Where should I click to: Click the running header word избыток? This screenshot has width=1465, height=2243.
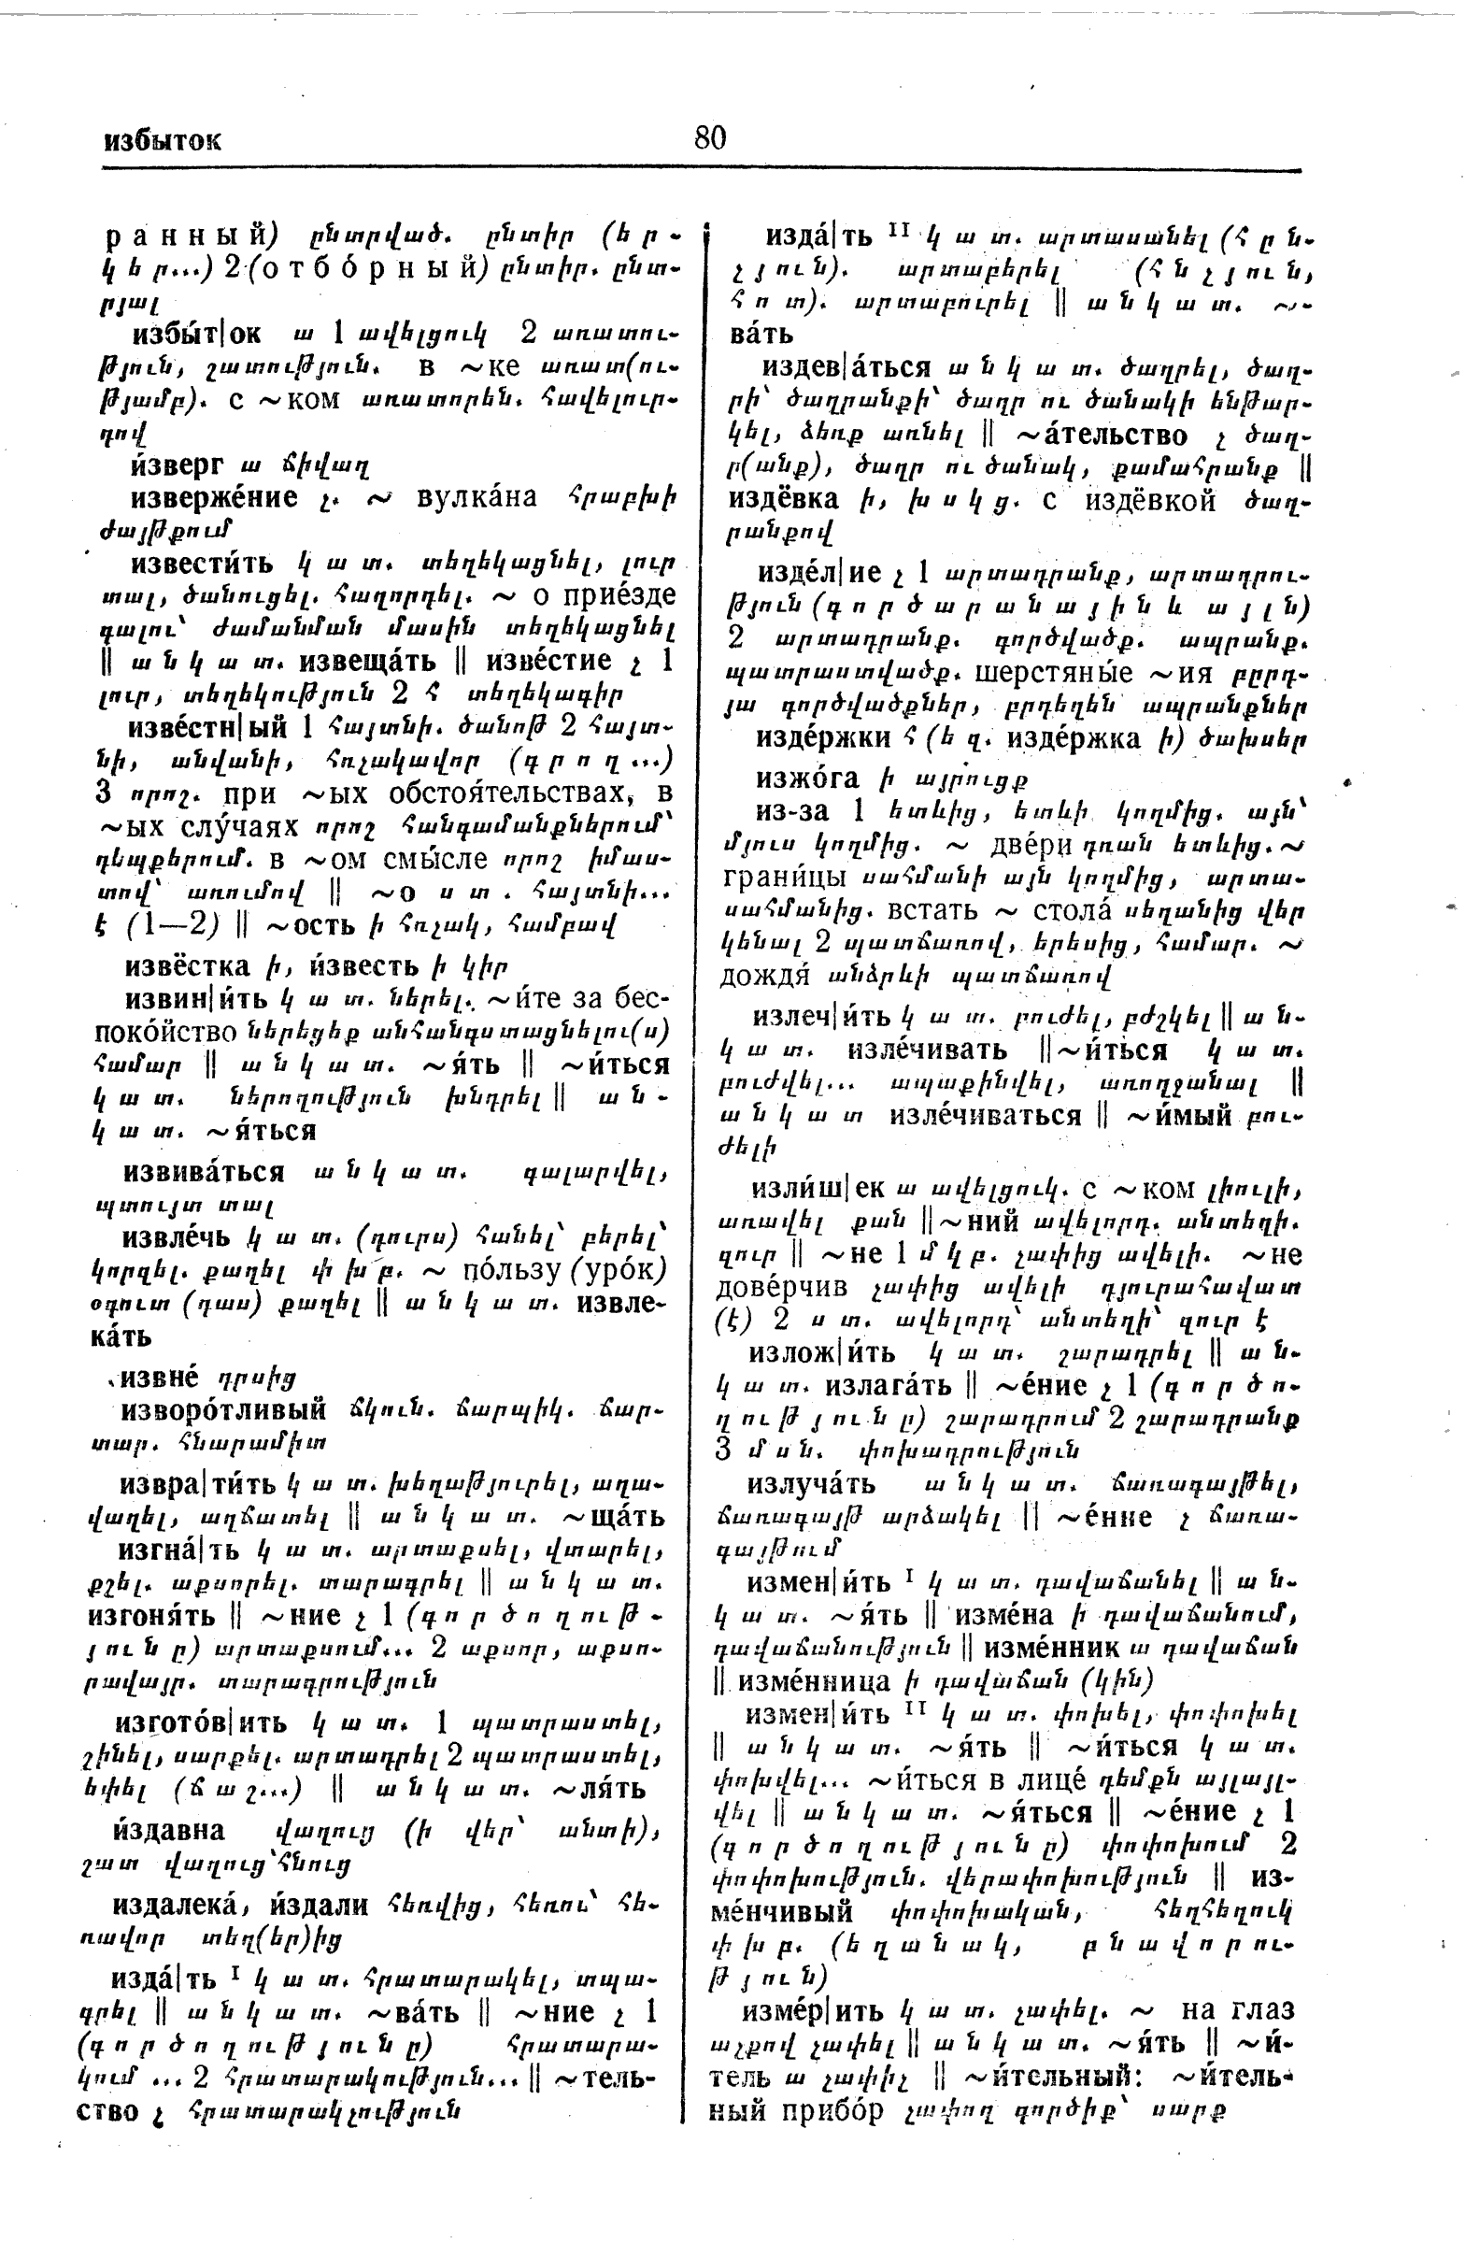[x=162, y=141]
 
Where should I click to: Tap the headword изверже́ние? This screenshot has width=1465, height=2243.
[x=214, y=497]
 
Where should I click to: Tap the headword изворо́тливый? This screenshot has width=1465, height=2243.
[x=223, y=1411]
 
